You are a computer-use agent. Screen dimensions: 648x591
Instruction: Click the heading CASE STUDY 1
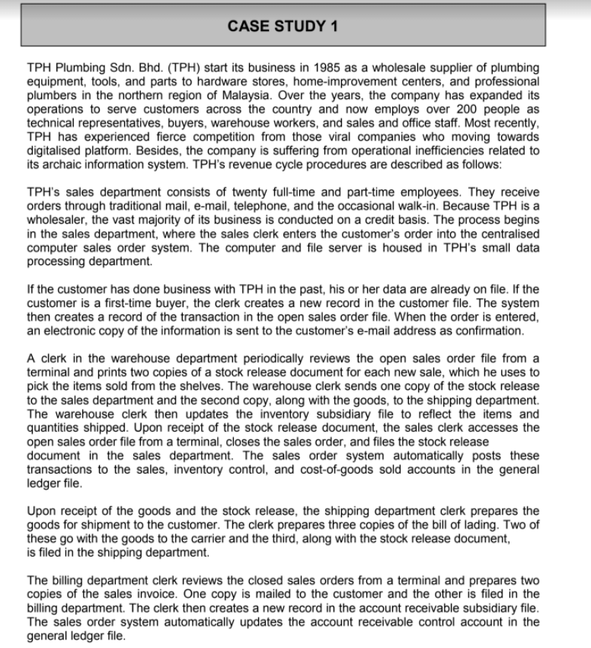(283, 25)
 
